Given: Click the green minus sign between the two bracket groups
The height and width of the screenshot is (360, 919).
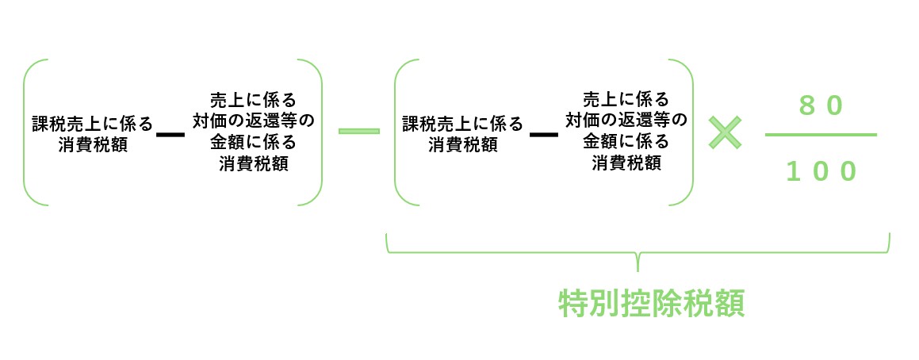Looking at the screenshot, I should pos(358,131).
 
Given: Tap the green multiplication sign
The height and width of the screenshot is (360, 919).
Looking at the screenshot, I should pos(725,133).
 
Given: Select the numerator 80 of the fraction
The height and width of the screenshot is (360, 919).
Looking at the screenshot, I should pos(820,105).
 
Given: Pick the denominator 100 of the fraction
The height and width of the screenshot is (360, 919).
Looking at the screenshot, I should pos(821,171).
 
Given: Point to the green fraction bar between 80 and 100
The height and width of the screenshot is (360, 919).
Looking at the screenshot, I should pos(821,135).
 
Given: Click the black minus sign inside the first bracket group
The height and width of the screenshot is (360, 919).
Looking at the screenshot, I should pos(170,134).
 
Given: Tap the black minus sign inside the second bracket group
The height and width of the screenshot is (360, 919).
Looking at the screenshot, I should pos(543,134).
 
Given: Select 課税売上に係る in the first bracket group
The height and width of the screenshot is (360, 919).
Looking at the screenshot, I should pos(92,124).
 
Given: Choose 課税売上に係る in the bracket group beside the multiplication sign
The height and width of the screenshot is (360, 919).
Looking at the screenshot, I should pos(463,124).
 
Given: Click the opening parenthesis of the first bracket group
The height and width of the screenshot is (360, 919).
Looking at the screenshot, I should pos(25,132).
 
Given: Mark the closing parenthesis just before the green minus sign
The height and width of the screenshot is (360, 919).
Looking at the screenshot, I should pos(320,132).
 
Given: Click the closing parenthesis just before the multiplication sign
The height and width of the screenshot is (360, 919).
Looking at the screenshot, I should pos(691,132).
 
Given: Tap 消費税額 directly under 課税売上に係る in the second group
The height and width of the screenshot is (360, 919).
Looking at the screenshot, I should pos(463,145).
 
